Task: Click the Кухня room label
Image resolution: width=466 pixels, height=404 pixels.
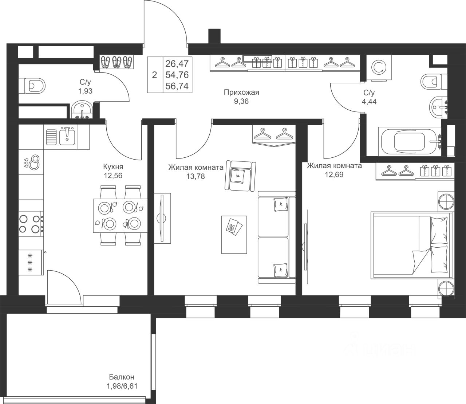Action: pyautogui.click(x=113, y=166)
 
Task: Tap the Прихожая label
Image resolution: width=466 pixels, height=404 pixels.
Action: pyautogui.click(x=241, y=92)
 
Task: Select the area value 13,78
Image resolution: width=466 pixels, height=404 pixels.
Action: pyautogui.click(x=196, y=176)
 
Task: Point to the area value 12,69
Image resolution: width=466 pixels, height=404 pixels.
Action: pyautogui.click(x=334, y=174)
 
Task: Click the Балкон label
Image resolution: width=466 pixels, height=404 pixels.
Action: pyautogui.click(x=122, y=377)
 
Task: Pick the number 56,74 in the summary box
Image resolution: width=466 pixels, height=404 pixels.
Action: pyautogui.click(x=177, y=86)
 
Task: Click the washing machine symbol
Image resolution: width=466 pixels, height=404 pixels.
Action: pyautogui.click(x=379, y=68)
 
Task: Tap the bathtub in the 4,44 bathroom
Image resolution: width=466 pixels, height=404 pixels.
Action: pyautogui.click(x=410, y=141)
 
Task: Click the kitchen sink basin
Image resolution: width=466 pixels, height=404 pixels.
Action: pyautogui.click(x=67, y=136)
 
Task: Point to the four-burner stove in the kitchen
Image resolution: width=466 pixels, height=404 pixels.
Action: pyautogui.click(x=31, y=224)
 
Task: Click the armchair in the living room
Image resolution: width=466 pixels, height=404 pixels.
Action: pyautogui.click(x=241, y=176)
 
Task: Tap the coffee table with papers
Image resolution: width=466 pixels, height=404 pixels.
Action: pyautogui.click(x=234, y=235)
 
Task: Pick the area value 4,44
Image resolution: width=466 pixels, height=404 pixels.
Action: pyautogui.click(x=369, y=102)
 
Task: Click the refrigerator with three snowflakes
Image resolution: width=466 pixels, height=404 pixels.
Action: pyautogui.click(x=31, y=262)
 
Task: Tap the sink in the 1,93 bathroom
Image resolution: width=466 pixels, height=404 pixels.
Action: pyautogui.click(x=82, y=110)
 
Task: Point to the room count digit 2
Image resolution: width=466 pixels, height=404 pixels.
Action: pyautogui.click(x=154, y=75)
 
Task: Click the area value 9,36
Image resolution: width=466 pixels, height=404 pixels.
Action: pyautogui.click(x=241, y=101)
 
